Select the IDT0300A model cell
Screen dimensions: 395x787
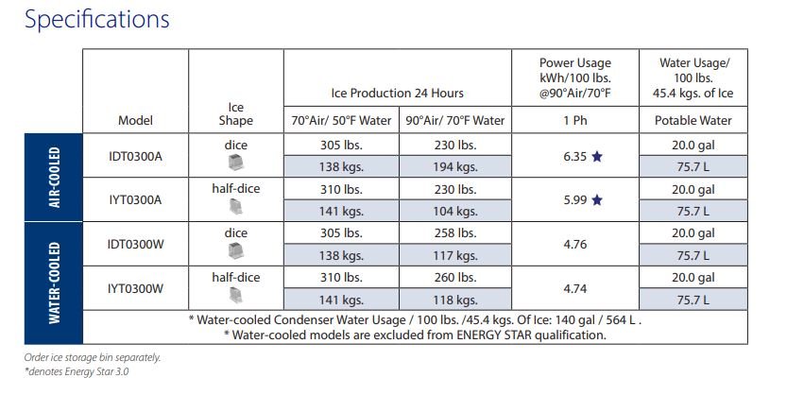click(x=135, y=155)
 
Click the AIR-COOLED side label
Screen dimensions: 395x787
click(x=54, y=177)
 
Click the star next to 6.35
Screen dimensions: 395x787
click(x=596, y=156)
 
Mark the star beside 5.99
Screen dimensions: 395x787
click(x=596, y=200)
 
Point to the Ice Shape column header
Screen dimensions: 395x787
click(x=236, y=113)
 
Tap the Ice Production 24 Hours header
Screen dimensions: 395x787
click(x=397, y=93)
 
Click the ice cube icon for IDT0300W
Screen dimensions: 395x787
click(x=236, y=251)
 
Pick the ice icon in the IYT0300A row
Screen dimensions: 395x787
click(x=236, y=207)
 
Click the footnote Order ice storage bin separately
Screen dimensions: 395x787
click(x=93, y=357)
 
